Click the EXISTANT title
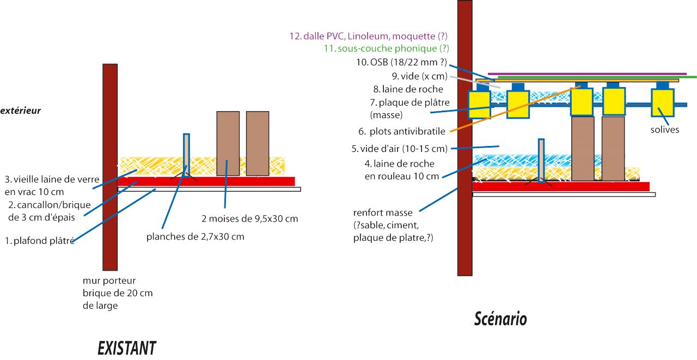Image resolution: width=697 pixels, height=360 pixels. [127, 347]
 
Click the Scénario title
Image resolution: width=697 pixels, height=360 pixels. [500, 318]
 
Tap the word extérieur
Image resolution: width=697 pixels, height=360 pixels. [21, 111]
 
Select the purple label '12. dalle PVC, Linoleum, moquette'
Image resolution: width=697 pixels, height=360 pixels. [368, 36]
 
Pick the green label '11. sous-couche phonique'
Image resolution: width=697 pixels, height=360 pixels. [386, 48]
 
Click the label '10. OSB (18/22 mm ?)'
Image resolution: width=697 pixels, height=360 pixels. [401, 62]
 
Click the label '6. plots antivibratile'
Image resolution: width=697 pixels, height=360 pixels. [402, 131]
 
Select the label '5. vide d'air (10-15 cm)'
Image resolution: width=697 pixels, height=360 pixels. [400, 149]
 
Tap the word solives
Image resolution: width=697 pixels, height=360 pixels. [665, 130]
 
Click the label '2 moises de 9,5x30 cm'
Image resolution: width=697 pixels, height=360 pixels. [249, 218]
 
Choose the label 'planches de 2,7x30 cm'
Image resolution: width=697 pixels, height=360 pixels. [195, 237]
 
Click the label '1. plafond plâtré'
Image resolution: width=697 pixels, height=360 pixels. [39, 240]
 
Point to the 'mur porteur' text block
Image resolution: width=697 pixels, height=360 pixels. [117, 293]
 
